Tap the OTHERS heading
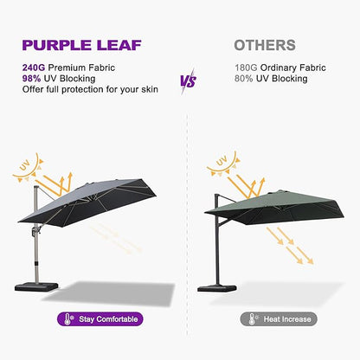coord(264,45)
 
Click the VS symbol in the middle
coord(186,82)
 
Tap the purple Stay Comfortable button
coord(100,318)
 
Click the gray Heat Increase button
coord(278,318)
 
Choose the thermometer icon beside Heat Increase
coord(248,318)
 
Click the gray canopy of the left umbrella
coord(104,195)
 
